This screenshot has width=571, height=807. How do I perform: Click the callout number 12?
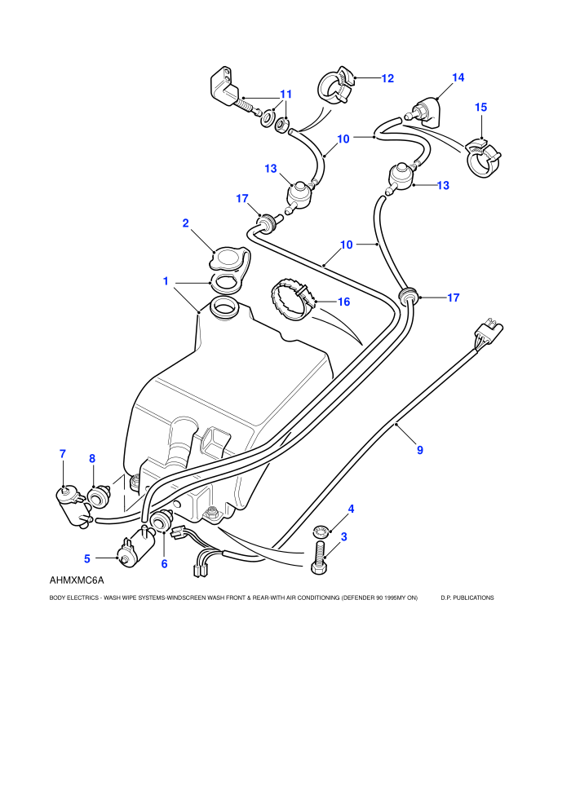[x=387, y=78]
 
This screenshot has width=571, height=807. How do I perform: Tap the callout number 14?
[x=458, y=77]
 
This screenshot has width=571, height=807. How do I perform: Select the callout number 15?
[x=481, y=107]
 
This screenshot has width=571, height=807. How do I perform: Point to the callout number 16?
[x=344, y=302]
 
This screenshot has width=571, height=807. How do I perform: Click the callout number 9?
[x=420, y=450]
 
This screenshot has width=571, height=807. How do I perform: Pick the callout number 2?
[x=185, y=223]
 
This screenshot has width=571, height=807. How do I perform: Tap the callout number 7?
[x=63, y=454]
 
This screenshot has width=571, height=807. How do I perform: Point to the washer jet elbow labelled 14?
[x=425, y=112]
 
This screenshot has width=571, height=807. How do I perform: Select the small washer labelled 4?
[x=320, y=530]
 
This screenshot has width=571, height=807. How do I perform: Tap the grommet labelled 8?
[x=98, y=496]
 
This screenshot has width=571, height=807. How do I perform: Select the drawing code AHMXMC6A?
[x=77, y=580]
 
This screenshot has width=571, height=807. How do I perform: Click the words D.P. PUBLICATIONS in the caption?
[x=467, y=598]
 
